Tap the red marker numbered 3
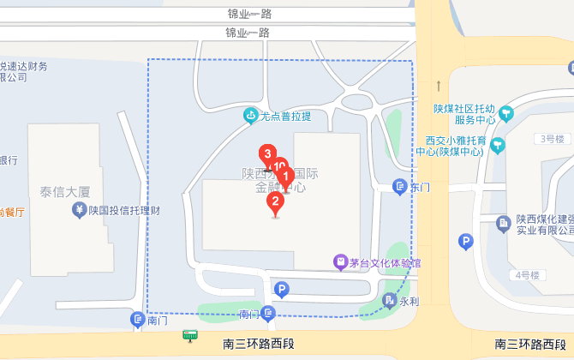267,154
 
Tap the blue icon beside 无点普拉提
250,115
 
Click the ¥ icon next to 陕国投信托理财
79,209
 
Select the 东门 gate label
419,186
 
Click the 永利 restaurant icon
390,301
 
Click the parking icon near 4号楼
466,242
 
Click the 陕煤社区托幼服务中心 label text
464,114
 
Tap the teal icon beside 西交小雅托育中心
499,147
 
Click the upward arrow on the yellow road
438,86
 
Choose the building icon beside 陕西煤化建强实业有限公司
505,224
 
